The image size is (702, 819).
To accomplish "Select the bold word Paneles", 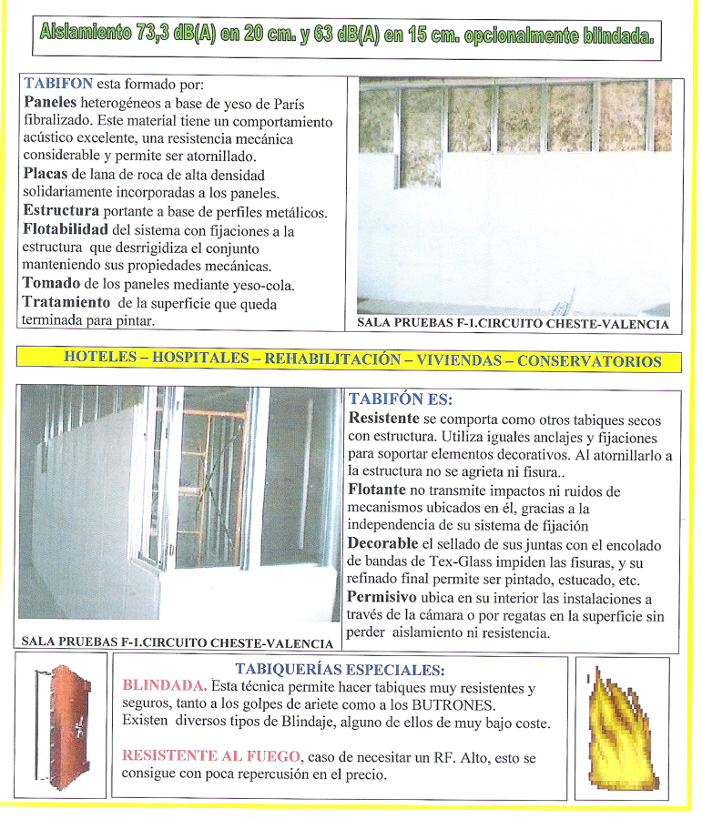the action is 50,102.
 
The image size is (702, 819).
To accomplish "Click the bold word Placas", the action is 46,175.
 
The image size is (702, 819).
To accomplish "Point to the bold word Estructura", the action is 60,212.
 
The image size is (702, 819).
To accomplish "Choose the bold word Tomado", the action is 51,285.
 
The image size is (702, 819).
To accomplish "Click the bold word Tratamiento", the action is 66,303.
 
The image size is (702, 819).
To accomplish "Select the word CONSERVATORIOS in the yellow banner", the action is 589,360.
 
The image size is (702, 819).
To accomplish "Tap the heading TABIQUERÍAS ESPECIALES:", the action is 340,669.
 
